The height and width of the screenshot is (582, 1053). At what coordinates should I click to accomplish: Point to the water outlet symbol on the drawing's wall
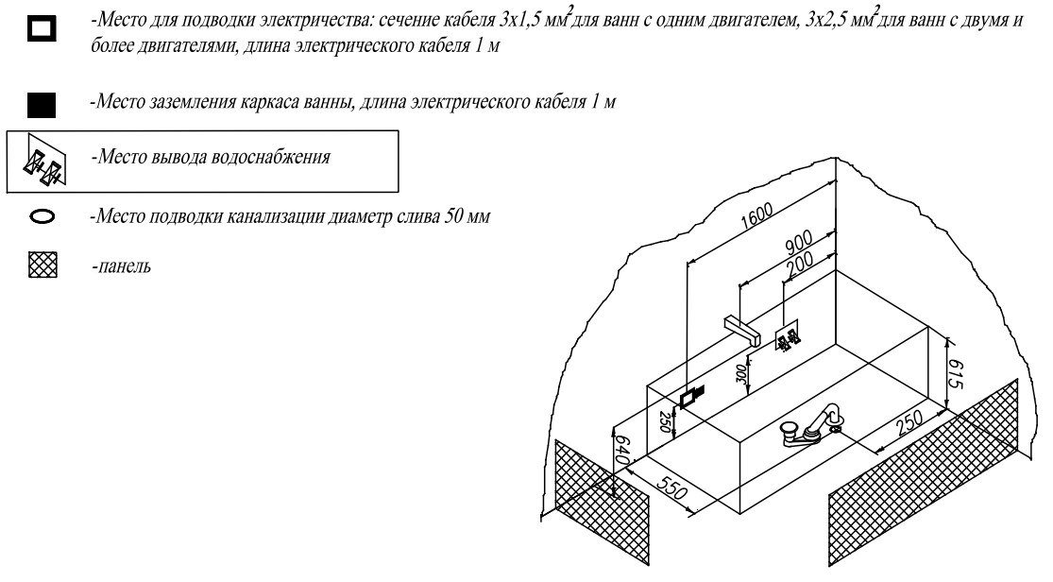coord(788,337)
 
